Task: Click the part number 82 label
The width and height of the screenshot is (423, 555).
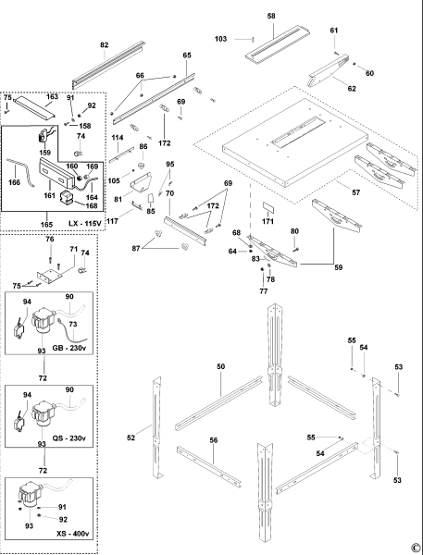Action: point(104,44)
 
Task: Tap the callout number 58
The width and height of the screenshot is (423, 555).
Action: point(271,17)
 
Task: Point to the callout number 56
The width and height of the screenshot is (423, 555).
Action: point(214,441)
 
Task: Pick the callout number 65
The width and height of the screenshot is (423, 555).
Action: point(186,56)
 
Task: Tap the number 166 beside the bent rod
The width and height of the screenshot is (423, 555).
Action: point(13,182)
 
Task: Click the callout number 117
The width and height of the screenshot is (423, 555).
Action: point(113,220)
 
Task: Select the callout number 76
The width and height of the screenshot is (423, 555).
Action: point(50,240)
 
